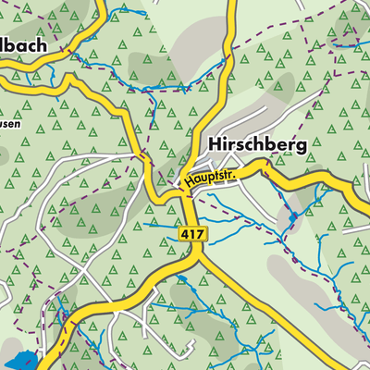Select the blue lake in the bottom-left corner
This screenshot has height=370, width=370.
click(20, 361)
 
